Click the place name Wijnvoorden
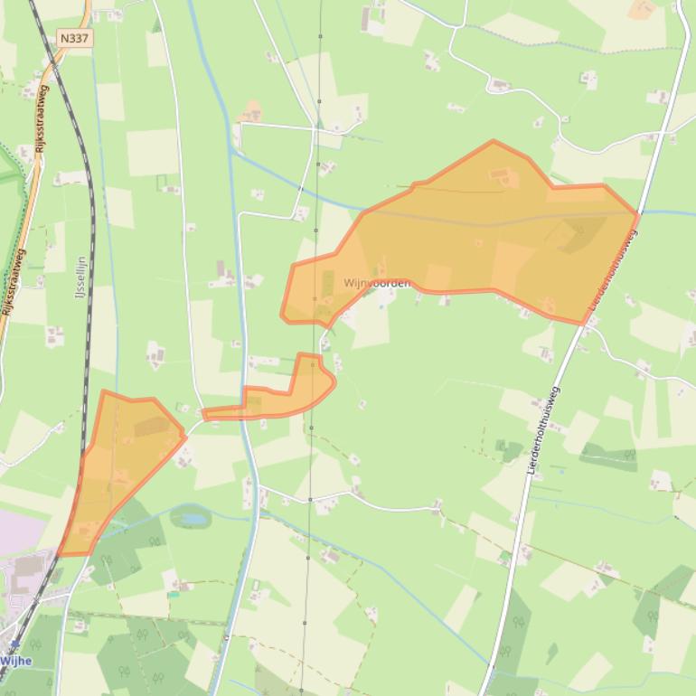click(x=377, y=283)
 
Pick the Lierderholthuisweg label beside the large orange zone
click(x=614, y=271)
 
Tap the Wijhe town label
click(x=16, y=661)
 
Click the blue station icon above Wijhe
click(x=15, y=644)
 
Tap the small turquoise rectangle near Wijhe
click(x=173, y=595)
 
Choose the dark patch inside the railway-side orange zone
click(x=151, y=426)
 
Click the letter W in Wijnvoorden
click(x=348, y=283)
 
